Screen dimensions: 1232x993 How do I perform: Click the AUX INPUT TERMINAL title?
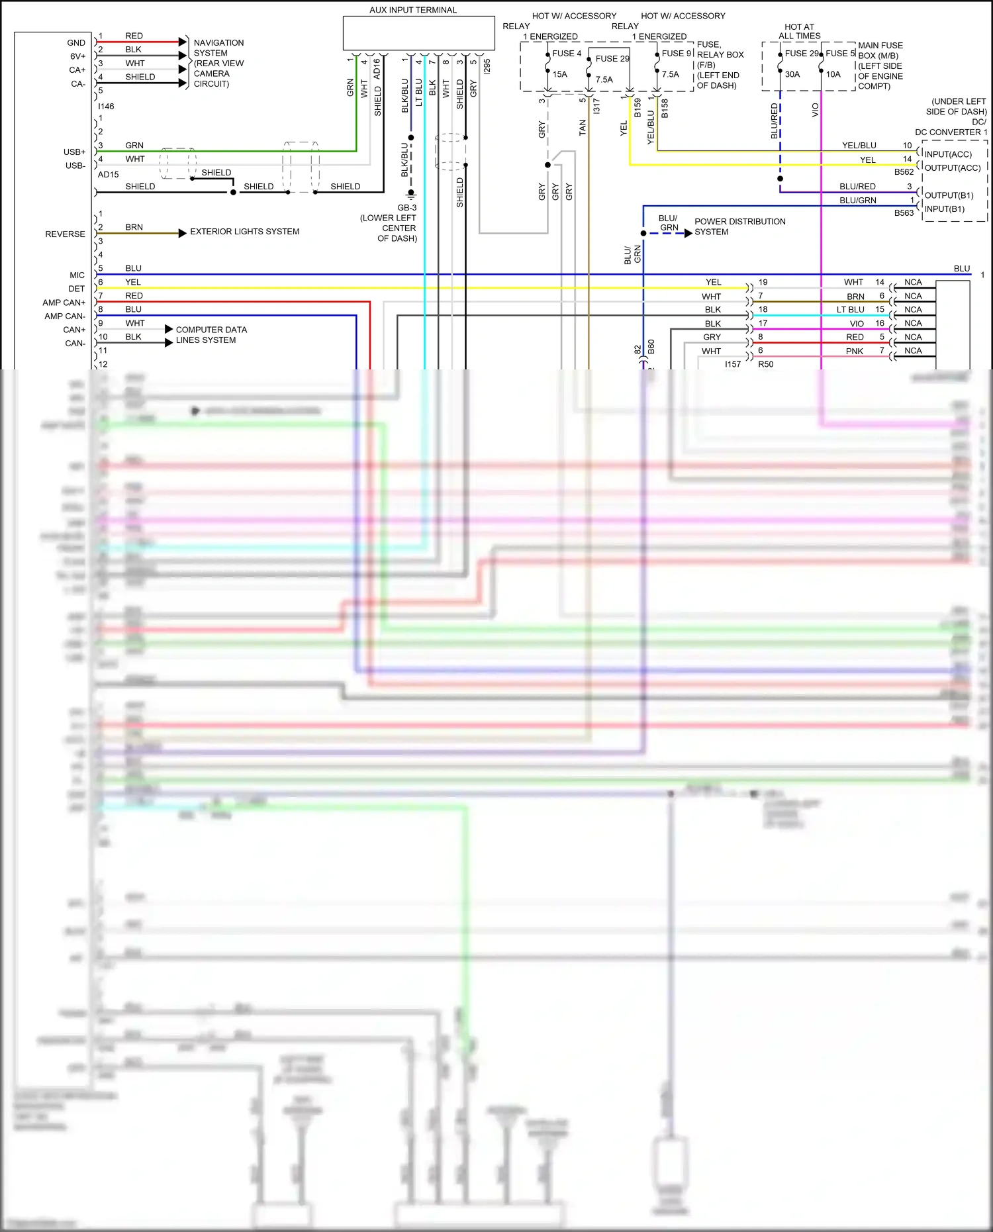(413, 10)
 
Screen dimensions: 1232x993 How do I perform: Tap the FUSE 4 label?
(567, 54)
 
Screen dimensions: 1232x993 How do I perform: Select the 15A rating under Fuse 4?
(560, 74)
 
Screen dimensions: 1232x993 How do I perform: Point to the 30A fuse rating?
(792, 74)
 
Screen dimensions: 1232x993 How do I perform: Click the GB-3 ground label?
(407, 208)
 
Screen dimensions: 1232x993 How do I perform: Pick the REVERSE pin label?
(65, 234)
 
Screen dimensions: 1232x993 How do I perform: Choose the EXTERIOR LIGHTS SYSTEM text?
(244, 232)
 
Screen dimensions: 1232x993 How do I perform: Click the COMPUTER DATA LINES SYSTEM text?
(211, 335)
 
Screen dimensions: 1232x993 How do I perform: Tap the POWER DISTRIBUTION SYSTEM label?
(739, 226)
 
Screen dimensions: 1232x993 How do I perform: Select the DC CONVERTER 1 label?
(951, 132)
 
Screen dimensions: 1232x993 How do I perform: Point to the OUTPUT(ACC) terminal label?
(952, 168)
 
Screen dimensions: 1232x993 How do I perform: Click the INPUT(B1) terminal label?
(944, 209)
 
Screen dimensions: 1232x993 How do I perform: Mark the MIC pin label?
(77, 275)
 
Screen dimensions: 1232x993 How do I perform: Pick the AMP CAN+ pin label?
(64, 303)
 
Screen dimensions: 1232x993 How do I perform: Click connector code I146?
(106, 107)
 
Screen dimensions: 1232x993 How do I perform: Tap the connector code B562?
(904, 172)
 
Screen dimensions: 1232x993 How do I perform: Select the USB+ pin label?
(74, 152)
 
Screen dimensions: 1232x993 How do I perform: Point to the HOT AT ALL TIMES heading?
(799, 31)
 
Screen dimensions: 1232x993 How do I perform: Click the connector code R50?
(765, 365)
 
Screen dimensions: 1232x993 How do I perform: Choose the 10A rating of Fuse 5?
(833, 74)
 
